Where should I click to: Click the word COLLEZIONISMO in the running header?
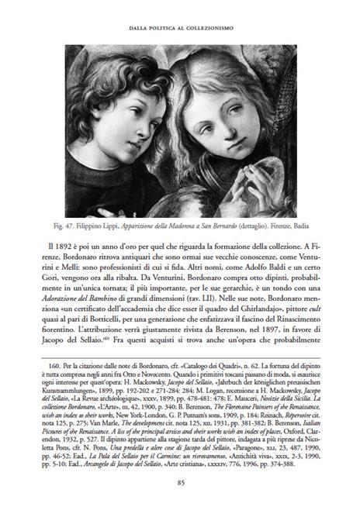[x=220, y=29]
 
